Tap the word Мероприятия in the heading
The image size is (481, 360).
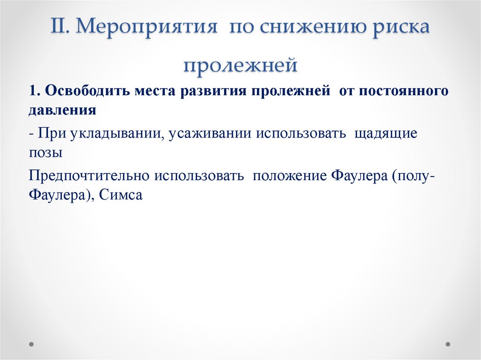point(148,28)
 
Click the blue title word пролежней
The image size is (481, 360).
point(240,65)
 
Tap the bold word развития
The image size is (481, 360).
point(209,91)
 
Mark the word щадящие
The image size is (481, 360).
point(386,133)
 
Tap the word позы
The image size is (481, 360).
point(45,153)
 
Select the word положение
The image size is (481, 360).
point(289,176)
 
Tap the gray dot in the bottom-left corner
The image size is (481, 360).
point(31,344)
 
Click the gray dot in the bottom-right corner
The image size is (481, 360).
point(449,344)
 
